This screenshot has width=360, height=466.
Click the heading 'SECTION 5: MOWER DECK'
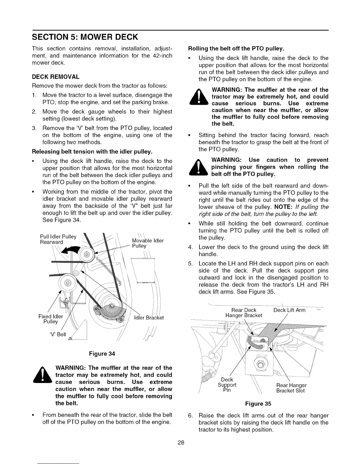click(x=85, y=37)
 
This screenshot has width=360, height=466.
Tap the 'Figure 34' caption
click(x=102, y=354)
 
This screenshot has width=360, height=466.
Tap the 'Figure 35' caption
click(x=258, y=404)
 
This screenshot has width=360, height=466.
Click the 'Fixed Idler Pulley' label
click(x=51, y=319)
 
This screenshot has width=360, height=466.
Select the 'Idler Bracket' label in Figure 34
click(x=149, y=318)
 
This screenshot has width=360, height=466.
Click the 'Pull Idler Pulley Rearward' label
click(x=58, y=239)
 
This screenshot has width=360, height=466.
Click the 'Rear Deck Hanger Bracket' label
click(x=244, y=313)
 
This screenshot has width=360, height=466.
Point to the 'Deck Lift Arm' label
click(x=289, y=310)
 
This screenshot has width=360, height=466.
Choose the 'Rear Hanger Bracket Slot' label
click(x=291, y=388)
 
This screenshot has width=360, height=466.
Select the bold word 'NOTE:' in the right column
click(x=283, y=207)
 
